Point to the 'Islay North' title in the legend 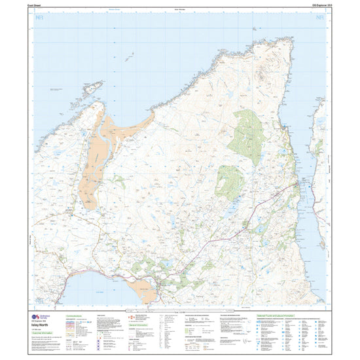tap(39, 326)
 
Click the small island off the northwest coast tap(92, 88)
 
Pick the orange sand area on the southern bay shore tap(145, 290)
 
